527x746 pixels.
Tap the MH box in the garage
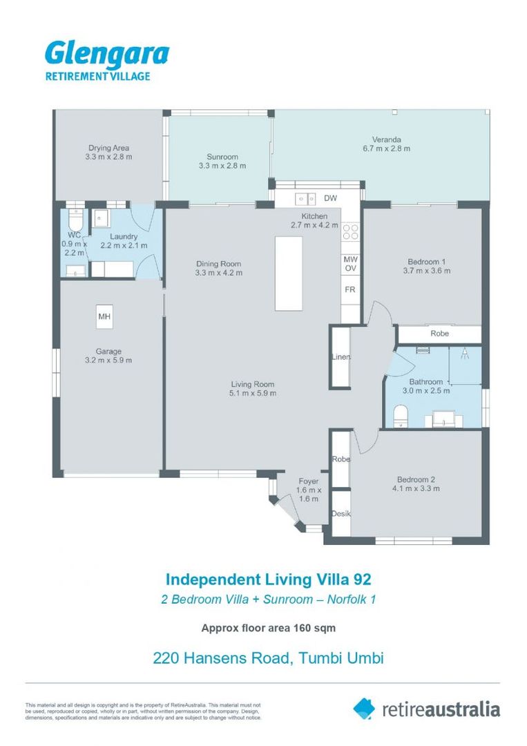[x=105, y=317]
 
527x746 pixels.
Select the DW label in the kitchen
[x=330, y=199]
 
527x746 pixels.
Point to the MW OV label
[x=349, y=264]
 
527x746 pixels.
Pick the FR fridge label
[x=349, y=289]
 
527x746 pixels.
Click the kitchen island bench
[x=289, y=273]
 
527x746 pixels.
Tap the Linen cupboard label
[x=341, y=357]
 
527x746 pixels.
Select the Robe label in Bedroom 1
[x=439, y=334]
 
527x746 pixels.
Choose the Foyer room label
[x=308, y=481]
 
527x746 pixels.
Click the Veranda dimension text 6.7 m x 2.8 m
[x=386, y=148]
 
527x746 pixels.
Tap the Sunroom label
[x=222, y=156]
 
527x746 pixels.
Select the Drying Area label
[x=108, y=147]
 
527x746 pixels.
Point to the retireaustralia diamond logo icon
[x=364, y=708]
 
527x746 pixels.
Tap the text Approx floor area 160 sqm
[x=268, y=628]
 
